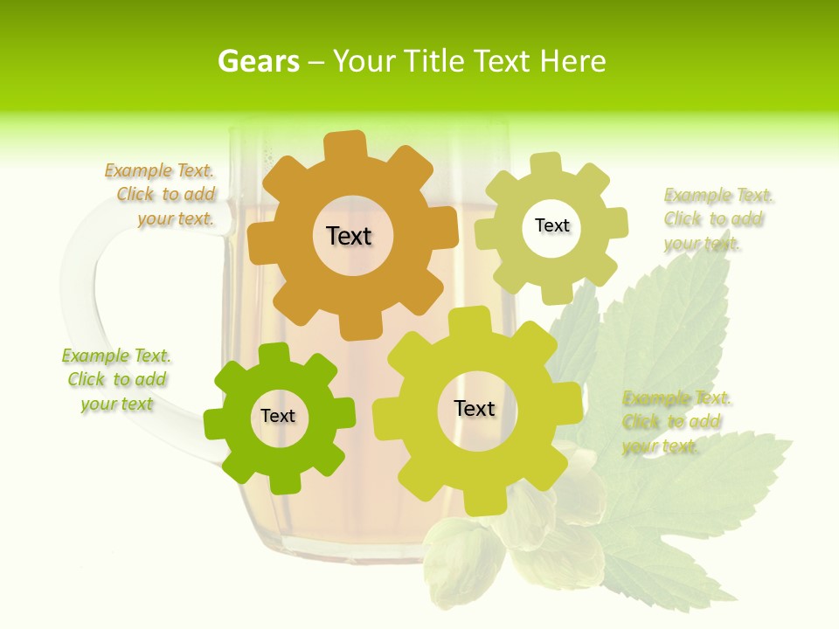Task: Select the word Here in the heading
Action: pyautogui.click(x=572, y=61)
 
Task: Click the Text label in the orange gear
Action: pyautogui.click(x=350, y=236)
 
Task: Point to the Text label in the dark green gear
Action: pyautogui.click(x=278, y=417)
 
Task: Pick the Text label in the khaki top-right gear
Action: pyautogui.click(x=551, y=225)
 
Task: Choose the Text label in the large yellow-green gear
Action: pyautogui.click(x=475, y=408)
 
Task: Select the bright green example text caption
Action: pyautogui.click(x=116, y=380)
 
